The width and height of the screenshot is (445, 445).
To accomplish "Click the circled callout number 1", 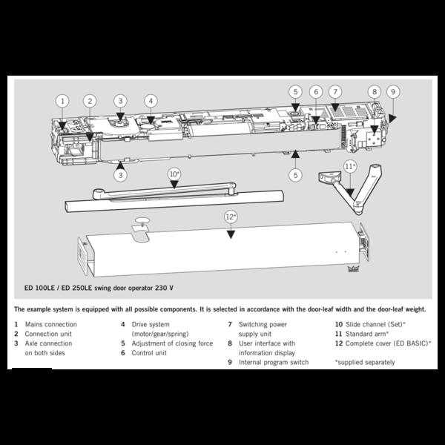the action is pos(62,101).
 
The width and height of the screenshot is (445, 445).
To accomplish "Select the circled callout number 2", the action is pos(90,101).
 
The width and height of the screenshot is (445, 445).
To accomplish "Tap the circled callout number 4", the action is pos(151,101).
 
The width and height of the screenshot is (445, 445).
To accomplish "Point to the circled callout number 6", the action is pos(316,92).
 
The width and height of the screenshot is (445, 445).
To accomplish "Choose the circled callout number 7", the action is pos(335,92).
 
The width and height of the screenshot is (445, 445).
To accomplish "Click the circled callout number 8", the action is pos(375,92).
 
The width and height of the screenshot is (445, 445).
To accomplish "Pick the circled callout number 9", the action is pos(393,92).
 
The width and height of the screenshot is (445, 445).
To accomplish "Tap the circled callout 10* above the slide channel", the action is pos(174,174).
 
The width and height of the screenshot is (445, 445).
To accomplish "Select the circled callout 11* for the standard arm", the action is pos(350,167).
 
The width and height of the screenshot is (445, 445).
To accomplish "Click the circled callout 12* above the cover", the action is pos(231,217).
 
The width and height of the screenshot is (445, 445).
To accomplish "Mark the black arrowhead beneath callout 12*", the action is pos(231,234).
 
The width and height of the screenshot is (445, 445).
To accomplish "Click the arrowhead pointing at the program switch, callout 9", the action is pos(392,119).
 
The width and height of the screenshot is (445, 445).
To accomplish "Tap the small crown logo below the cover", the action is pos(353,268).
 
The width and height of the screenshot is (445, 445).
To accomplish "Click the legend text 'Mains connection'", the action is pos(50,324).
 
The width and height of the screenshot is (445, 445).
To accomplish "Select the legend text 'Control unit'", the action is pos(149,353).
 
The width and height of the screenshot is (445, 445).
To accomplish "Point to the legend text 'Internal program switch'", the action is pos(274,363).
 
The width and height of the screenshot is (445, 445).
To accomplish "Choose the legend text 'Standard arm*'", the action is pos(367,334).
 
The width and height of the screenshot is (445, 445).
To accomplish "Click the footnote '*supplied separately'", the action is pos(365,363).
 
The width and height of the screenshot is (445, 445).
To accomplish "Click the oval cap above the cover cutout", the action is pos(142,220).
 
